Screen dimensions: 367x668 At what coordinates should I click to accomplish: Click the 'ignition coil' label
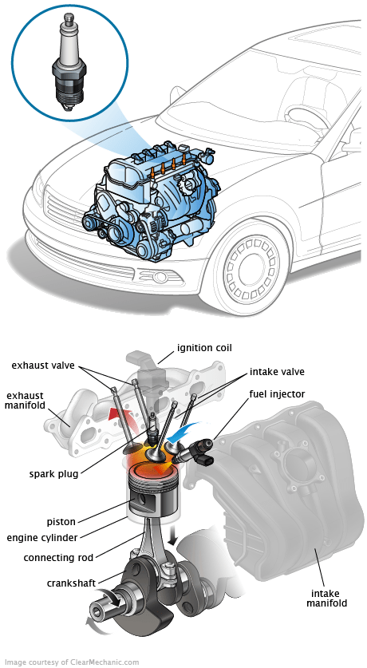(204, 348)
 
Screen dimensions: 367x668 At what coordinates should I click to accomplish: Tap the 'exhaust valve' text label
(43, 365)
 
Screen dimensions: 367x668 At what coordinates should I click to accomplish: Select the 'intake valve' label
(277, 371)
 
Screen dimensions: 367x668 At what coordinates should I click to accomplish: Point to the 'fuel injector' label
(277, 394)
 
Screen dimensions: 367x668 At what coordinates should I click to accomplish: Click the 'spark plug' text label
(54, 474)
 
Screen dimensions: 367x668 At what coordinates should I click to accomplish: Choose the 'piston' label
(61, 521)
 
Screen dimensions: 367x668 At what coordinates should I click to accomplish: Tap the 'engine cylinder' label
(42, 538)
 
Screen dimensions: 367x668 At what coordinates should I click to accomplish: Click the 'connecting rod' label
(58, 557)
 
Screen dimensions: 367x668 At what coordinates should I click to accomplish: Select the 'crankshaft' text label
(71, 583)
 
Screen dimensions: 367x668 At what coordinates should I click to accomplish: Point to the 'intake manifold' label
(329, 598)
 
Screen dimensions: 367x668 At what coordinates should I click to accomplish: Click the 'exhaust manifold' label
(25, 401)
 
